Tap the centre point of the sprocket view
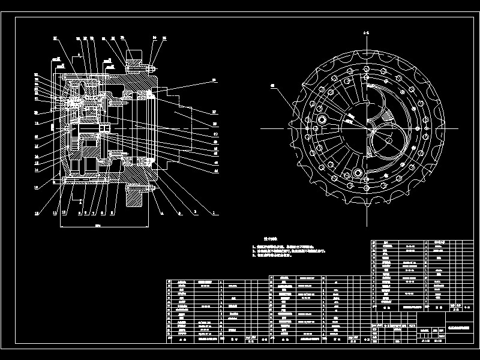pyautogui.click(x=365, y=128)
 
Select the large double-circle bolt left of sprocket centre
pyautogui.click(x=322, y=121)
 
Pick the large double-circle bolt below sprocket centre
pyautogui.click(x=359, y=173)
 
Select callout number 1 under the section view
pyautogui.click(x=212, y=213)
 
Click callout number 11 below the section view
pyautogui.click(x=54, y=213)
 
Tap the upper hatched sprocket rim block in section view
pyautogui.click(x=136, y=60)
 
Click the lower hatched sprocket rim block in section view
pyautogui.click(x=137, y=197)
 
